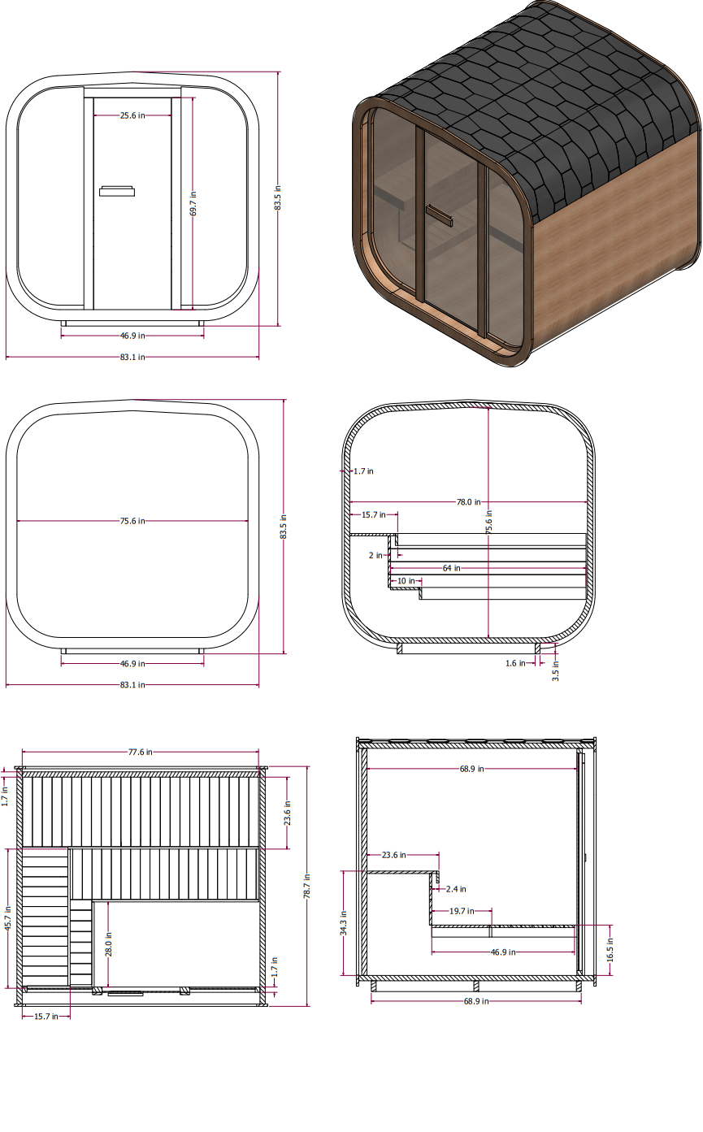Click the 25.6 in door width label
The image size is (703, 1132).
click(x=132, y=115)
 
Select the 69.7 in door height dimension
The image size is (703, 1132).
click(x=193, y=203)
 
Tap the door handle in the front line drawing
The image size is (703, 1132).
click(x=118, y=192)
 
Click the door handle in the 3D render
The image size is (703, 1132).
click(x=440, y=215)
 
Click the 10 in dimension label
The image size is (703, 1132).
click(x=406, y=581)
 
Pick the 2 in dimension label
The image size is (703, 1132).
click(x=375, y=555)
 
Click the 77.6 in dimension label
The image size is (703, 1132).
click(x=140, y=752)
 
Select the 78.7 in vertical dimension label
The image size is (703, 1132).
click(x=307, y=886)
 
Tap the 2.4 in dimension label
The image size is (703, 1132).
click(x=456, y=889)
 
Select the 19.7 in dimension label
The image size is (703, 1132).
click(x=462, y=911)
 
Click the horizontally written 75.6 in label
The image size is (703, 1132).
click(x=132, y=521)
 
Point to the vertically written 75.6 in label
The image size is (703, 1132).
click(x=488, y=521)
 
